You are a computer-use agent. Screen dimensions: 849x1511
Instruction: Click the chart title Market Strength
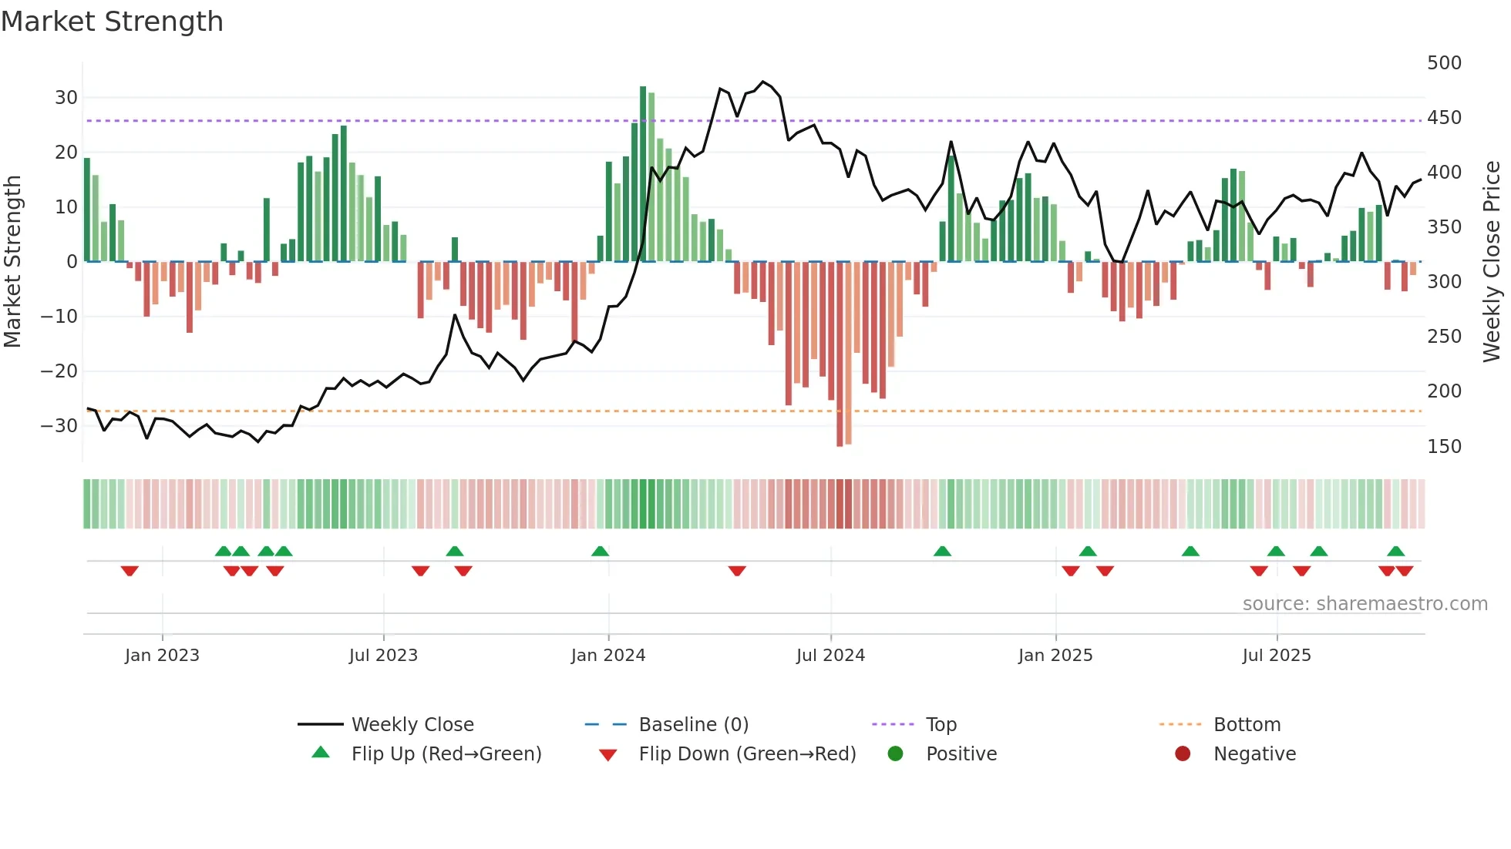112,22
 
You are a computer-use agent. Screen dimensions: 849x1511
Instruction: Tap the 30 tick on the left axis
66,98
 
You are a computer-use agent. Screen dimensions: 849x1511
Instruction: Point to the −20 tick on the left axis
59,371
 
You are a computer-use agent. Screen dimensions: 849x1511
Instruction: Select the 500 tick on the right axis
1444,63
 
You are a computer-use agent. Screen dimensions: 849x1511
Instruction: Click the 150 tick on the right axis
1444,447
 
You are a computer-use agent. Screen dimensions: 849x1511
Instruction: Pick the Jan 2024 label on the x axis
608,656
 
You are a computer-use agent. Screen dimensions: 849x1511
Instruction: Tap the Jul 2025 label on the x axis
1277,656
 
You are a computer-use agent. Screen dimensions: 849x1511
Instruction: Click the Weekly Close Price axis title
1492,262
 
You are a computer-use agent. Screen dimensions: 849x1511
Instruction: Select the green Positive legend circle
895,754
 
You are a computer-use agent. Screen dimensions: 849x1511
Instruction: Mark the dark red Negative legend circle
1183,754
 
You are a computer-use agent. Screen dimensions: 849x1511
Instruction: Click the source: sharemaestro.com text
1365,604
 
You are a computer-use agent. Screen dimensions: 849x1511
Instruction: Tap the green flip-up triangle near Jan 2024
600,551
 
